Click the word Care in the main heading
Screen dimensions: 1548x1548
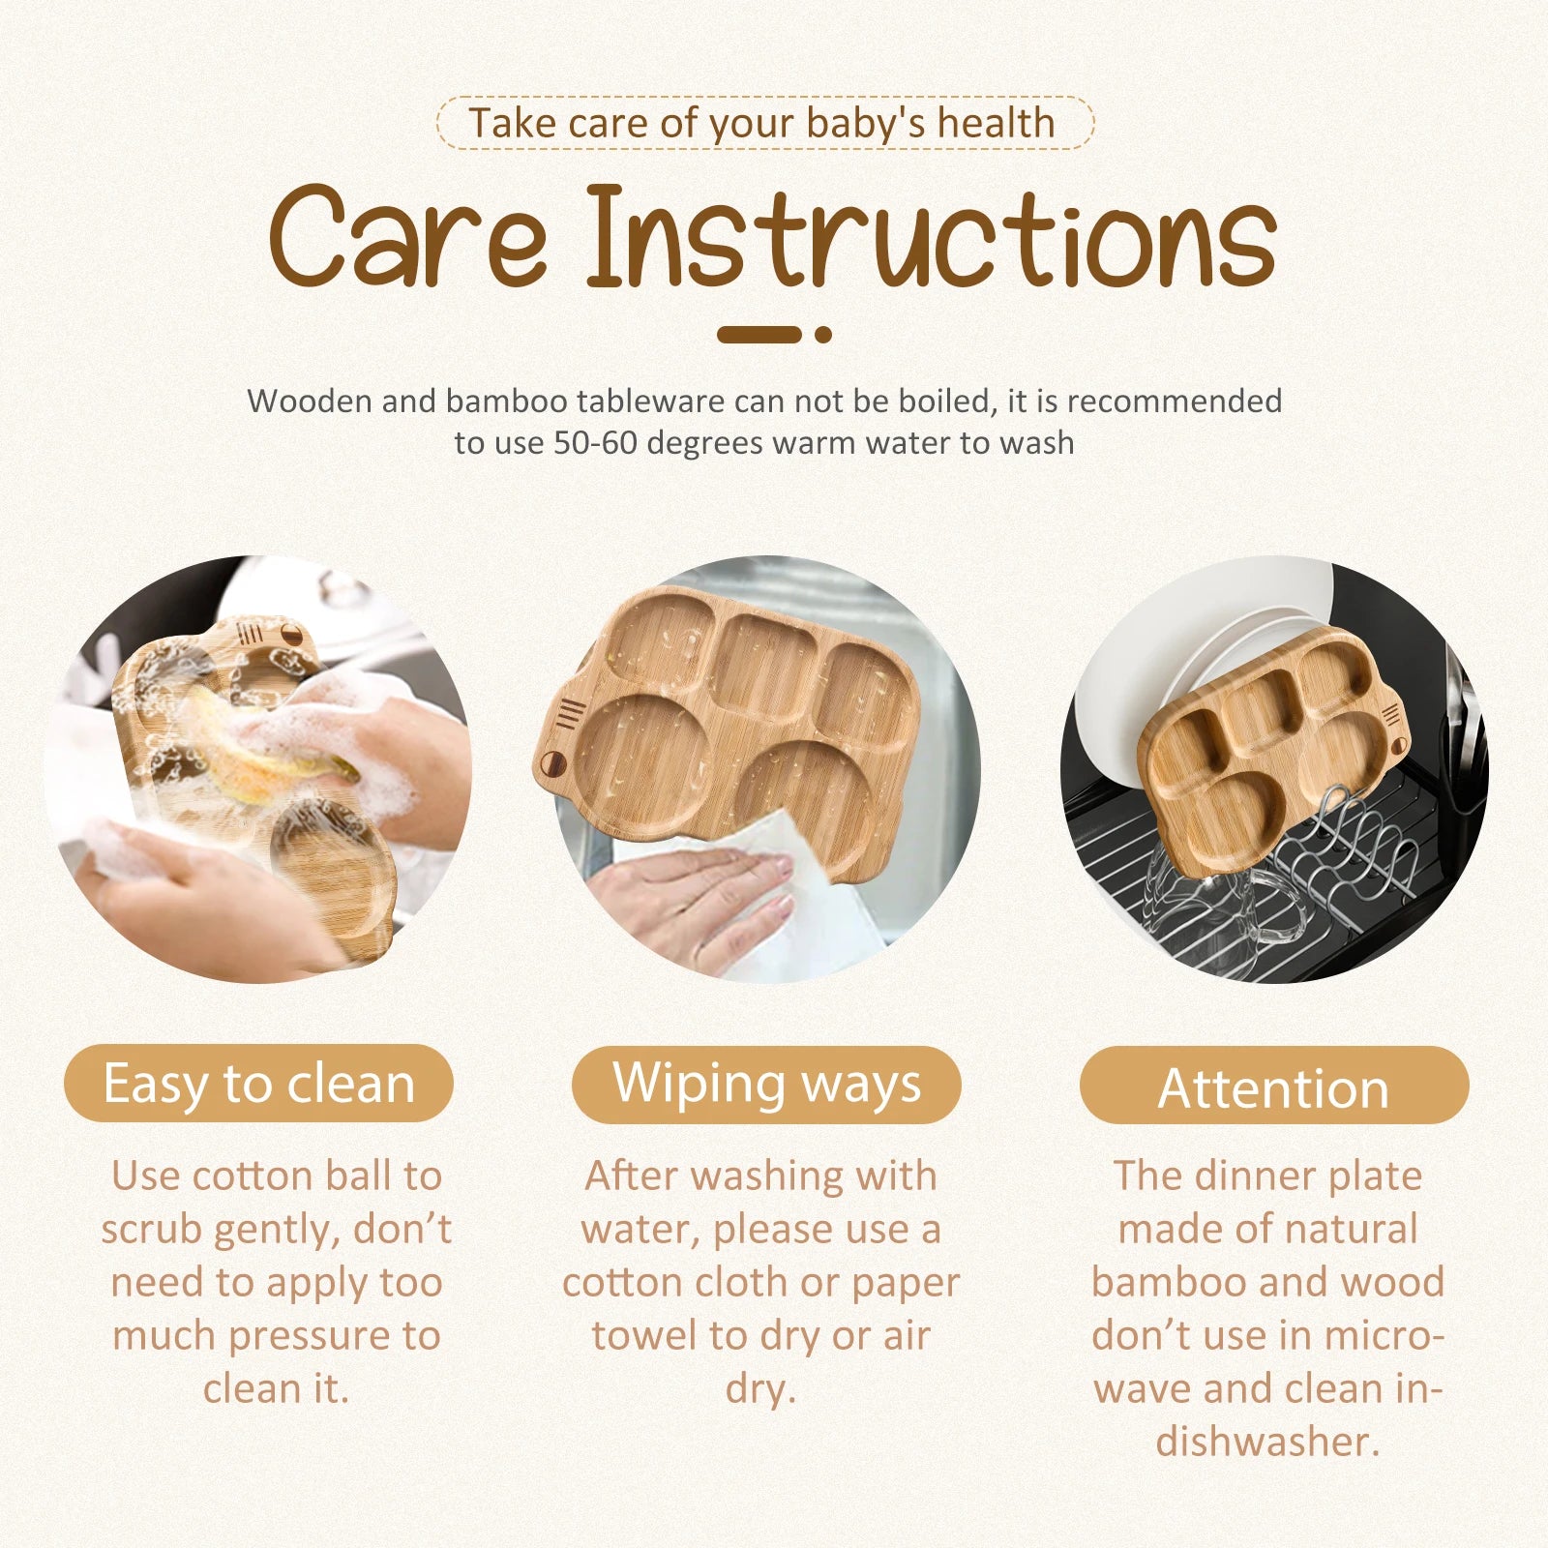click(408, 237)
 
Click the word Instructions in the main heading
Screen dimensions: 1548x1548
click(932, 237)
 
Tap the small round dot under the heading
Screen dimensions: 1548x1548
click(823, 335)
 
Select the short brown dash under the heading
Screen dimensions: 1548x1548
click(759, 335)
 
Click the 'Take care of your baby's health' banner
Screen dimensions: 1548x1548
click(764, 123)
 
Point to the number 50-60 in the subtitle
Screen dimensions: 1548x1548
click(590, 443)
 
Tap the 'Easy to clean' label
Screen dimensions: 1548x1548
click(258, 1084)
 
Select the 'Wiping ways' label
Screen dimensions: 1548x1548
click(766, 1084)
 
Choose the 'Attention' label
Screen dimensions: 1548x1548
click(1274, 1086)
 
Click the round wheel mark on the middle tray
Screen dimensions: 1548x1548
click(554, 763)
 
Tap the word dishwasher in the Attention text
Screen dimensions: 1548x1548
click(1267, 1442)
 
